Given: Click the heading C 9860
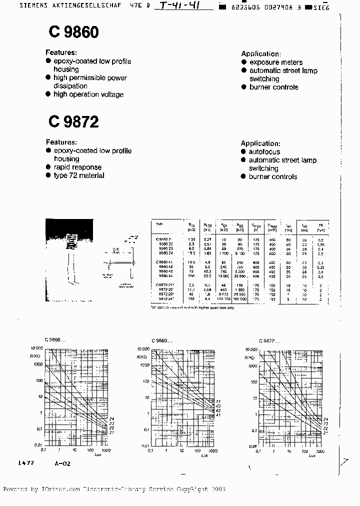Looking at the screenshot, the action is (x=74, y=32).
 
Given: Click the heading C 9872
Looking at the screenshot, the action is (x=74, y=121).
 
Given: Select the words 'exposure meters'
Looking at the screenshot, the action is (x=275, y=62).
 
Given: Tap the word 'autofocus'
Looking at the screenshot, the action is (x=264, y=151).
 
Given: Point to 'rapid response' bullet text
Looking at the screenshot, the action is (x=77, y=167).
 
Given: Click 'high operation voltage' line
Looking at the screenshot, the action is (x=88, y=94).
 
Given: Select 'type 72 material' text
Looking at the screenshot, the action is (x=79, y=175).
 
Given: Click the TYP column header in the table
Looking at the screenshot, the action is (x=160, y=225).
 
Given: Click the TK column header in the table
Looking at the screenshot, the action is (x=321, y=225).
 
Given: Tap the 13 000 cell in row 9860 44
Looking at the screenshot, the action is (x=223, y=275).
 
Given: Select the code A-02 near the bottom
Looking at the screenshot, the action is (x=63, y=463).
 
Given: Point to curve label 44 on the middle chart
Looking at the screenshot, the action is (x=218, y=401).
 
